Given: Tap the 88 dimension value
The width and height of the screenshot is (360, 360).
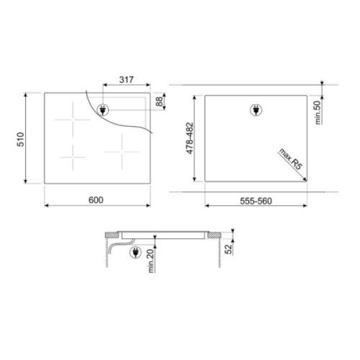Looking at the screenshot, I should pos(160,101).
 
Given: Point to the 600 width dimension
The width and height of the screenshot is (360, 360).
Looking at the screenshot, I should pos(96,200).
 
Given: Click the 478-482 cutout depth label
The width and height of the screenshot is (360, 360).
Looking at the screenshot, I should pos(190,138).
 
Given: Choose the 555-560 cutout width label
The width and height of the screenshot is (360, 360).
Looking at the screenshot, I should pos(256,200).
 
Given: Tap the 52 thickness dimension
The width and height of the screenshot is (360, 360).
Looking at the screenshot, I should pos(229,248).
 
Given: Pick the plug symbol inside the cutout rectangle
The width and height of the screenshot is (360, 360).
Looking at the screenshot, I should pos(256,110).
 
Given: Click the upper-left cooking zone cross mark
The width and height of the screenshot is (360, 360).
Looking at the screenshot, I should pos(72,119).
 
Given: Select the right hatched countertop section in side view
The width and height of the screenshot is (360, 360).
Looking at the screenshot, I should pos(214,235).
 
